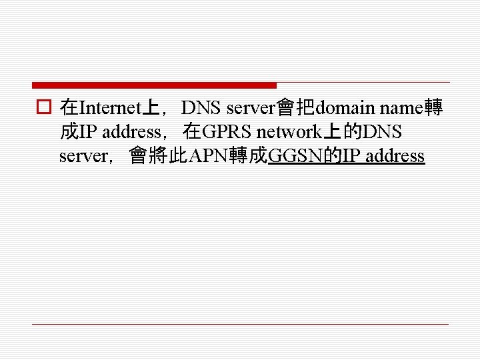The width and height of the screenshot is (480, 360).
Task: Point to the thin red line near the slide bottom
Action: pyautogui.click(x=240, y=324)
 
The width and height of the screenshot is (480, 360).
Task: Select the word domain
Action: pyautogui.click(x=345, y=107)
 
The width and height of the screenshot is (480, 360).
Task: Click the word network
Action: pyautogui.click(x=291, y=132)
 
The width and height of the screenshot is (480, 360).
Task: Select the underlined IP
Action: pyautogui.click(x=352, y=157)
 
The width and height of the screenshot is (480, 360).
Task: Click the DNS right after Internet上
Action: pyautogui.click(x=202, y=107)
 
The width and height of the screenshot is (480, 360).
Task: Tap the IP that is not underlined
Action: pyautogui.click(x=87, y=132)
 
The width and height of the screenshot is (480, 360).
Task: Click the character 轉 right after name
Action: pyautogui.click(x=435, y=107)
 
